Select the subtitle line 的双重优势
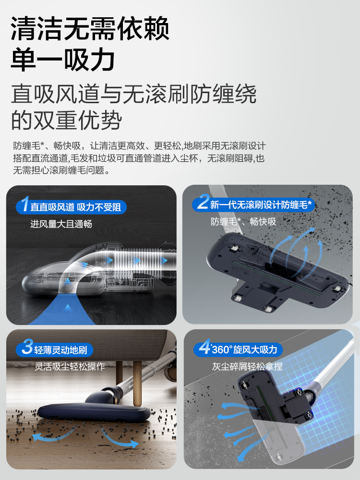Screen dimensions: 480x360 [x=66, y=120]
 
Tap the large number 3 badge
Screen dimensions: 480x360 [x=27, y=348]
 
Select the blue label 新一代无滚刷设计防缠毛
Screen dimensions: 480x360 [x=261, y=205]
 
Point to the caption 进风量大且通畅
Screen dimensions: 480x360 [x=61, y=224]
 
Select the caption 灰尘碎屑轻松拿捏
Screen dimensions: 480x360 [x=247, y=367]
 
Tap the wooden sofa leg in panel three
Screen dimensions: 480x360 [x=137, y=377]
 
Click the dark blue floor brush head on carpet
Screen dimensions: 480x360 [x=91, y=413]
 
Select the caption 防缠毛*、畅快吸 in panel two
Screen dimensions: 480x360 [x=243, y=222]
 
